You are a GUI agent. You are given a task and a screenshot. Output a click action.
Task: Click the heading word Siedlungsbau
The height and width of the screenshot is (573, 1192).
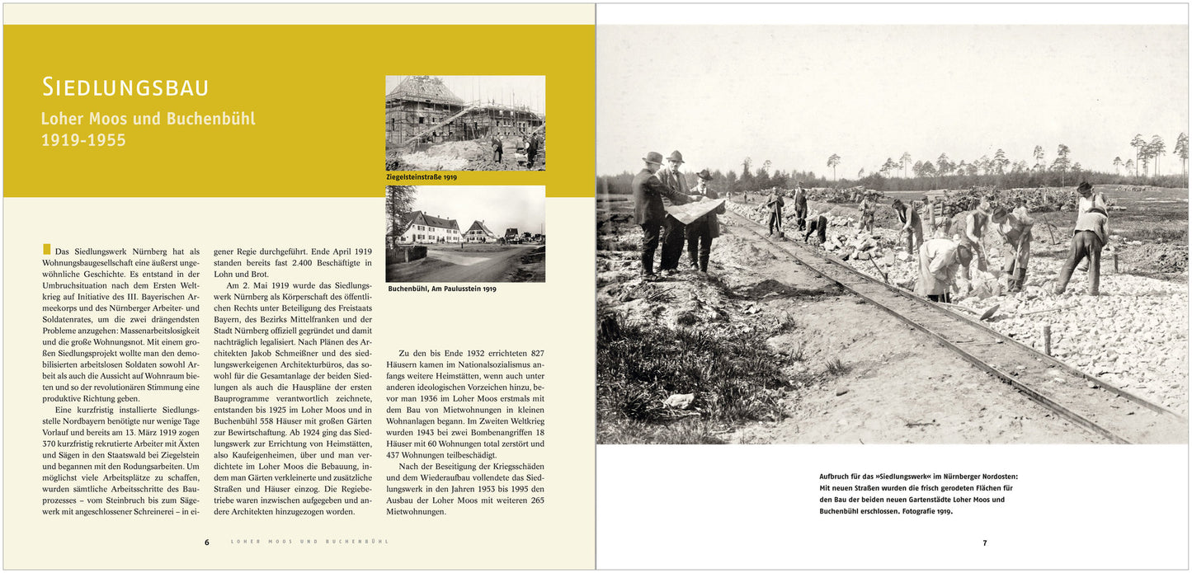[125, 87]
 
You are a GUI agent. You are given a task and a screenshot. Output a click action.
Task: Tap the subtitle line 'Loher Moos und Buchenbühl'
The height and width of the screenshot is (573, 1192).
[148, 119]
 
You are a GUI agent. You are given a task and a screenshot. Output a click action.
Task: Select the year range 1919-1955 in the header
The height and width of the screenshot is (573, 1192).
[83, 140]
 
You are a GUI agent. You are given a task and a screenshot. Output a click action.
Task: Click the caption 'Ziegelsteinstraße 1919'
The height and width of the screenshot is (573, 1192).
[421, 177]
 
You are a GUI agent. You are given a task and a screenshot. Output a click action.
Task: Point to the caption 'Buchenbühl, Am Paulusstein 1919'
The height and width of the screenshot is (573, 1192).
[441, 289]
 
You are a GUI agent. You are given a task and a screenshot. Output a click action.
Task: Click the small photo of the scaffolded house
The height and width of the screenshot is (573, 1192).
[465, 123]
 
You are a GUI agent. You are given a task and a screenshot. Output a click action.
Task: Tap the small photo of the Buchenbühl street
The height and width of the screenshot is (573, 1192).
[465, 233]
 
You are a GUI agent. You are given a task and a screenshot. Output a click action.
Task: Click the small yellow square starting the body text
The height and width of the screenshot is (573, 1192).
[46, 249]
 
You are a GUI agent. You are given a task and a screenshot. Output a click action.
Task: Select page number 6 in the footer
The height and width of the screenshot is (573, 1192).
[207, 542]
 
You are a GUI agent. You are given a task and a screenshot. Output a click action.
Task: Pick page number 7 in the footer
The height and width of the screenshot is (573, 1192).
[984, 543]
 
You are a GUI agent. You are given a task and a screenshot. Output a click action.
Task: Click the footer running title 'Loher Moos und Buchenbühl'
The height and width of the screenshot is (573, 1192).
[309, 542]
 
